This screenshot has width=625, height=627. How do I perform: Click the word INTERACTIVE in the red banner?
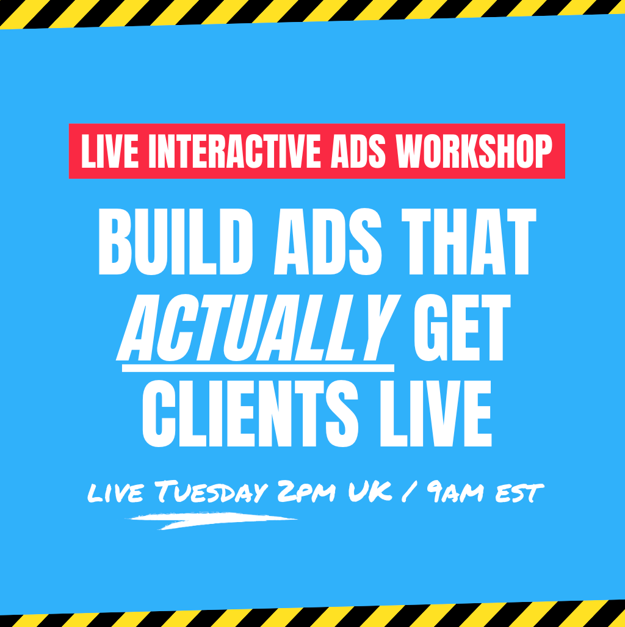tap(234, 151)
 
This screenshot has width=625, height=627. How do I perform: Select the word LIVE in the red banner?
tap(110, 151)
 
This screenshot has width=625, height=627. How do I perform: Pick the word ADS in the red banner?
tap(358, 151)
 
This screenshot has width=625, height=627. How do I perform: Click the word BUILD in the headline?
tap(176, 242)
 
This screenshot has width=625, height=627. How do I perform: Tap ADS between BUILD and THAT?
tap(328, 242)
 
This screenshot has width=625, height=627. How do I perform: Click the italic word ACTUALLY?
tap(258, 328)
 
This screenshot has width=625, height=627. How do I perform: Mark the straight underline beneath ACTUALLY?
tap(258, 368)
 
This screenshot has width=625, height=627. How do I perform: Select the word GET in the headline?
tap(462, 328)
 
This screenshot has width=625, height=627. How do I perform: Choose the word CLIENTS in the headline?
tap(250, 414)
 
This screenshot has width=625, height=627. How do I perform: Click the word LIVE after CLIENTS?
tap(436, 414)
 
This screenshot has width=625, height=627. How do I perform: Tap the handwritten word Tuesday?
tap(211, 491)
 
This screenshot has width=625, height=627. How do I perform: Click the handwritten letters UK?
tap(370, 491)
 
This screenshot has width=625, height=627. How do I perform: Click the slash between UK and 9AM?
tap(408, 492)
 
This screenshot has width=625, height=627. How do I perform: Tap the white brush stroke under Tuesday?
tap(212, 521)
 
